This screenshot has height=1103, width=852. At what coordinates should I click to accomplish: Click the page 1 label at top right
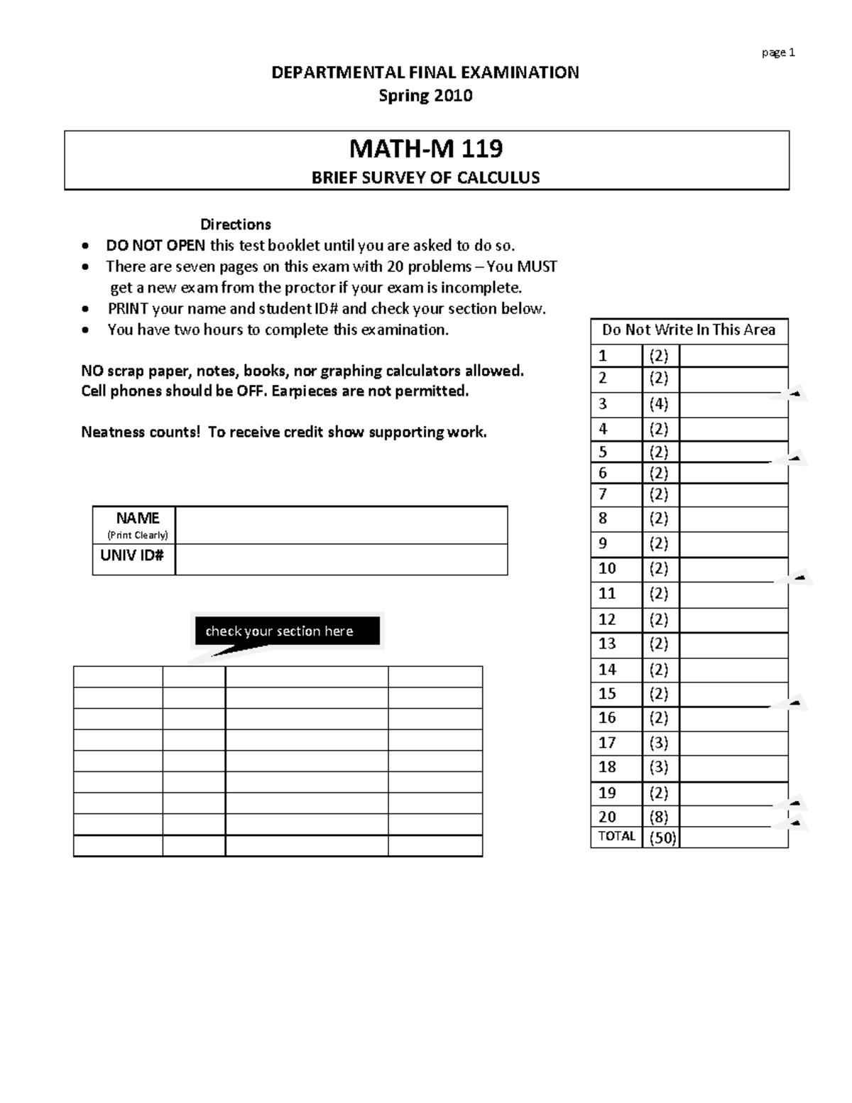778,53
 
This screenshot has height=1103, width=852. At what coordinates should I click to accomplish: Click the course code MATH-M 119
426,148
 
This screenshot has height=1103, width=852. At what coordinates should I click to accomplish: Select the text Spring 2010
425,96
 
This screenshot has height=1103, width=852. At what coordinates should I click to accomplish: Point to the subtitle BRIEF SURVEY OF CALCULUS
426,178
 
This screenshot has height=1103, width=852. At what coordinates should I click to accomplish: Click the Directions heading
235,224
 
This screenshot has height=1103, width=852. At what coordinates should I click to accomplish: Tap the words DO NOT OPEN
155,246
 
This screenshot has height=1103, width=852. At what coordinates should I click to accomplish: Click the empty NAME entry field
341,526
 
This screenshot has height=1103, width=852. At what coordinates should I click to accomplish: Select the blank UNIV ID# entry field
341,560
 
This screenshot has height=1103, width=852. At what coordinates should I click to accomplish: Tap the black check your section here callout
287,631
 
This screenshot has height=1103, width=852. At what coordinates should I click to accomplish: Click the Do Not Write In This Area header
689,330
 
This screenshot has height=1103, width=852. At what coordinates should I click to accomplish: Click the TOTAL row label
616,836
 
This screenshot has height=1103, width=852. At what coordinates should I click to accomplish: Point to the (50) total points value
661,838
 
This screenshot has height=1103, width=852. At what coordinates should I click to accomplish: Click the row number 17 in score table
607,743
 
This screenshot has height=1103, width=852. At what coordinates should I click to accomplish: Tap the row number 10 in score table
607,569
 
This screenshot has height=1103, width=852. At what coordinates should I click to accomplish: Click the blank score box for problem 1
733,356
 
